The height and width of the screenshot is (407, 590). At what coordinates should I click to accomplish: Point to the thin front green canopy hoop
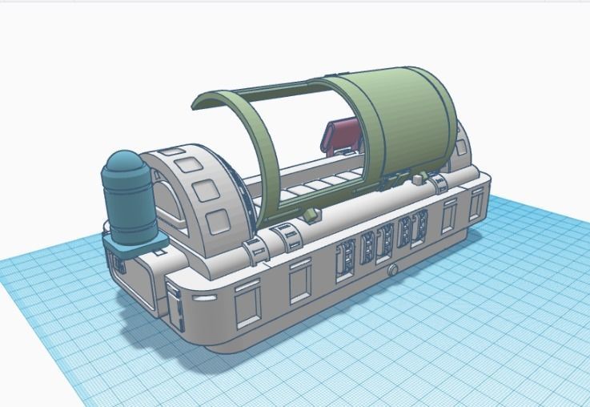[232, 120]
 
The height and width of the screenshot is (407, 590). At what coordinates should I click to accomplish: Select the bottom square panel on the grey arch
[217, 222]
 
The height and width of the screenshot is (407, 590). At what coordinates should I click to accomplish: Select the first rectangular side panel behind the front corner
[247, 301]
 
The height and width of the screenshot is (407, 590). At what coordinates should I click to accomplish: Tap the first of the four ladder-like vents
[345, 258]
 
